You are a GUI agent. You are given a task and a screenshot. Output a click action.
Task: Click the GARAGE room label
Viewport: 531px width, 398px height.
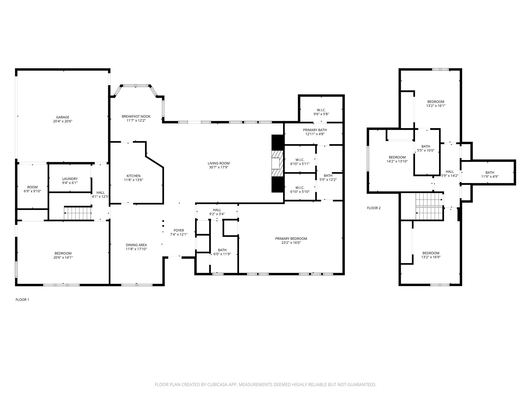[x=63, y=117]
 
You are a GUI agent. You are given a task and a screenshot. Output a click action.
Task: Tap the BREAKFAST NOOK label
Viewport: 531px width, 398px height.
[x=136, y=116]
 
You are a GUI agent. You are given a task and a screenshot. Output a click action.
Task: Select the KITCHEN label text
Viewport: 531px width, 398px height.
[x=134, y=176]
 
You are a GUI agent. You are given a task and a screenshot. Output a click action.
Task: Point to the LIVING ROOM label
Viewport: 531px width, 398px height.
[x=219, y=163]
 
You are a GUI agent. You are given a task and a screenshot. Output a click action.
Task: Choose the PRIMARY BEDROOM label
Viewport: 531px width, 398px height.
[x=291, y=239]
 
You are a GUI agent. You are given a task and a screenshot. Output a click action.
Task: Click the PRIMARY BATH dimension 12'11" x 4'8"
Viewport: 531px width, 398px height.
[x=315, y=134]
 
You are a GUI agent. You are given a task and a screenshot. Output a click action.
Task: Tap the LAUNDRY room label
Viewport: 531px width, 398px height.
[x=70, y=179]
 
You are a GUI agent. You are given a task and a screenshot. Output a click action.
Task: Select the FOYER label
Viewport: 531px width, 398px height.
[x=179, y=230]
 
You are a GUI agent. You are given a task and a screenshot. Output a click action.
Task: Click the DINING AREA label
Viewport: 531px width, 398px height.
[x=136, y=245]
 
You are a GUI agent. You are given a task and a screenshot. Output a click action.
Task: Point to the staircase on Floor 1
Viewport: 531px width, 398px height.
[x=78, y=213]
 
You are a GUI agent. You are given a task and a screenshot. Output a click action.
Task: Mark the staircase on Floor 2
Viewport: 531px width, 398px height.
[x=429, y=207]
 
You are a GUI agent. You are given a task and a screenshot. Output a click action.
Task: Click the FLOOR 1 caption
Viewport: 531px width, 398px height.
[x=22, y=300]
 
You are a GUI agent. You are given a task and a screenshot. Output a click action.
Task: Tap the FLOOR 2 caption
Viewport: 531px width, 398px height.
[x=374, y=208]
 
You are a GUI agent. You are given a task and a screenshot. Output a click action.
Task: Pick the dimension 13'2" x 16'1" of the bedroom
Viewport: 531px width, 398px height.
[x=436, y=106]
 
